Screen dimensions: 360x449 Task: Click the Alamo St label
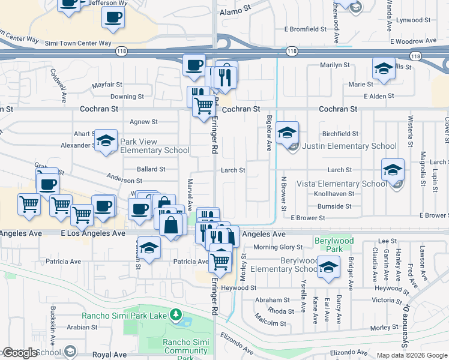[235, 11]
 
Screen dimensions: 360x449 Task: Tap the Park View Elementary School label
[155, 146]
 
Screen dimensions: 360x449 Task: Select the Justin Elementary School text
[349, 146]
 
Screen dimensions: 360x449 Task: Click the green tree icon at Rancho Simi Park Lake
[175, 314]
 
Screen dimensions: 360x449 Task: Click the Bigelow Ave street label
[270, 133]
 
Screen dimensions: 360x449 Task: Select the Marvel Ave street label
[190, 195]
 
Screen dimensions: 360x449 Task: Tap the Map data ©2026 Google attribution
[412, 355]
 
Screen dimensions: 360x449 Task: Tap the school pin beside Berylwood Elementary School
[328, 268]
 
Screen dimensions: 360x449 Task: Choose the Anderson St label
[124, 180]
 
